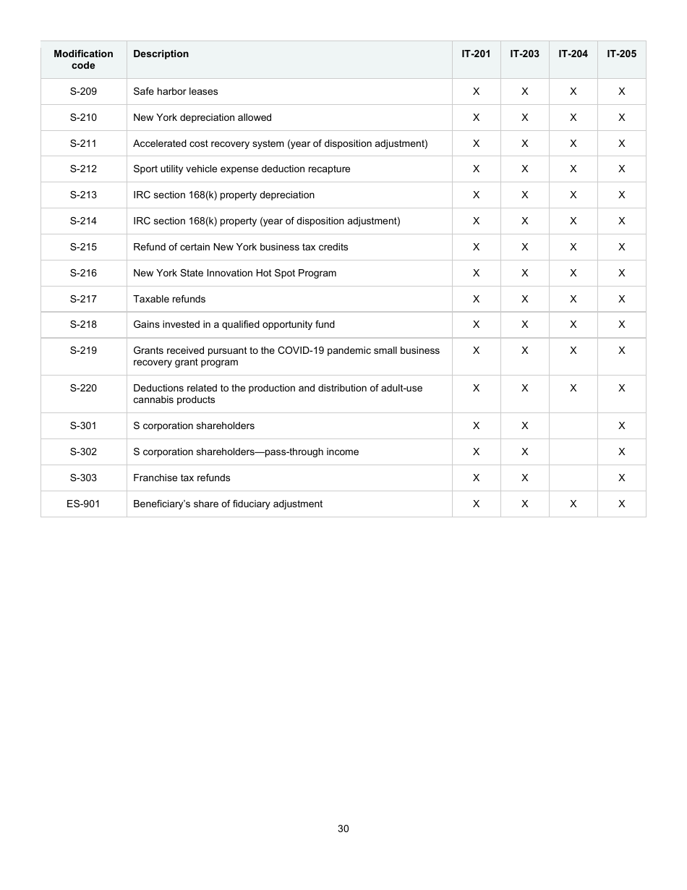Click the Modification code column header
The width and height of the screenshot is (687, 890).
83,59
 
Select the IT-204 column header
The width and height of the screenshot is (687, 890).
573,54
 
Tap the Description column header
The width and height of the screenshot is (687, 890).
161,54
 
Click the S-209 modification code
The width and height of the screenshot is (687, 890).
83,91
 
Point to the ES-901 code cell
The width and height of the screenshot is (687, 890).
83,504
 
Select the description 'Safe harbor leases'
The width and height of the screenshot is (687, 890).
175,91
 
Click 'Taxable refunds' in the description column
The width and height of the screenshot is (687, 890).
169,299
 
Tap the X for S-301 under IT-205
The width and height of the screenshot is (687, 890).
621,425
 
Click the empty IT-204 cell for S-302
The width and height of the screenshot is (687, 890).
573,452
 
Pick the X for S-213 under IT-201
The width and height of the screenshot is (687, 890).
476,195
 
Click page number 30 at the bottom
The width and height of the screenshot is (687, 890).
343,828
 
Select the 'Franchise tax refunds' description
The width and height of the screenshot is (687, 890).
182,478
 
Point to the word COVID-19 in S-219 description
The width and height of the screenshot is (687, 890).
299,350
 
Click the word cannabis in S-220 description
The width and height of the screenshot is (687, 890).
154,399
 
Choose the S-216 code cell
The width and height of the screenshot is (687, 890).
83,273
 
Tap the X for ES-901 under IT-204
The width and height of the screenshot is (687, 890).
573,504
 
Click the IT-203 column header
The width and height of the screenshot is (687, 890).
524,54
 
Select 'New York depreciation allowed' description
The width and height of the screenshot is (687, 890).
202,117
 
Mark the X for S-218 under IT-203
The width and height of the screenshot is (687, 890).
524,324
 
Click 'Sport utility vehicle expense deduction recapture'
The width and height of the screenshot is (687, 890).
242,169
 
